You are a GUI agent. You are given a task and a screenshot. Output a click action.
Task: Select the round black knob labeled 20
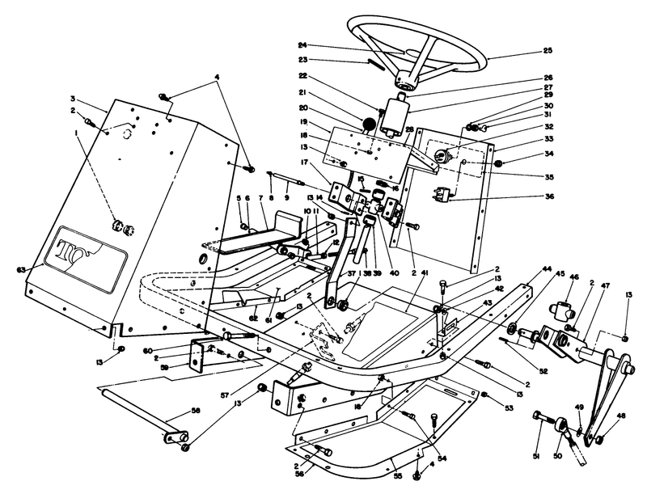pyautogui.click(x=369, y=125)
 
